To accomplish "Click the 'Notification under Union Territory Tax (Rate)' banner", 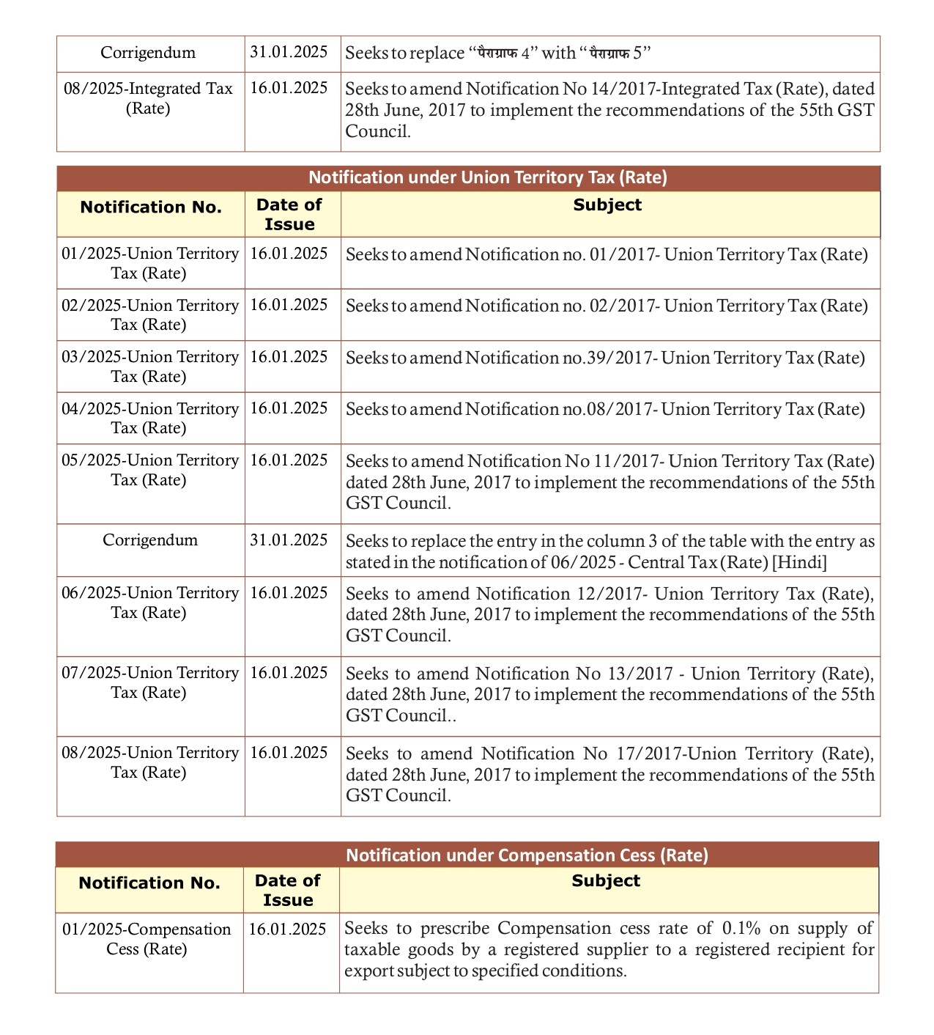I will pos(487,178).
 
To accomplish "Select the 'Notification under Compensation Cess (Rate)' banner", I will pos(527,855).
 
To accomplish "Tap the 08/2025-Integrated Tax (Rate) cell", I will pos(148,98).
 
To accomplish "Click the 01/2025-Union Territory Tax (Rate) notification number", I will pos(149,263).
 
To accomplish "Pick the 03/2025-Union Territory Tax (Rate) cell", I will pos(149,367).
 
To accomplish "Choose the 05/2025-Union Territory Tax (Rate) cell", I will pos(149,470).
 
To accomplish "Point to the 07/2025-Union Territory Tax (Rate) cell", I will pos(149,682).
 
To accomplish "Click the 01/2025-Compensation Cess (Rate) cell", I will pos(147,939).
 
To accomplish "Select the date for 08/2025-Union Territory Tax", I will pos(289,753).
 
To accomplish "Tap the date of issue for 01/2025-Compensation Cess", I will pos(287,929).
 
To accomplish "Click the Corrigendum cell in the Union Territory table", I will pos(150,540).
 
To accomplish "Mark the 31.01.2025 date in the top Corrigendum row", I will pos(289,52).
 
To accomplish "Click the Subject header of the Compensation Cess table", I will pos(606,881).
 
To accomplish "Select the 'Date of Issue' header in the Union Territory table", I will pos(289,215).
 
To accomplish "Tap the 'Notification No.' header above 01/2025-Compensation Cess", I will pos(149,883).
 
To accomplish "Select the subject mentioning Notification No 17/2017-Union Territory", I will pos(610,775).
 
